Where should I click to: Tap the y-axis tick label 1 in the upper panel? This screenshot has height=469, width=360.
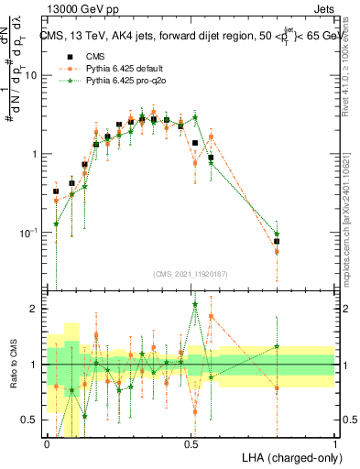coord(37,154)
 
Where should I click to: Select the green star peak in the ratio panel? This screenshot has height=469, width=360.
coord(195,305)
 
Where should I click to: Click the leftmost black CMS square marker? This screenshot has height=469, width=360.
coord(56,191)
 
